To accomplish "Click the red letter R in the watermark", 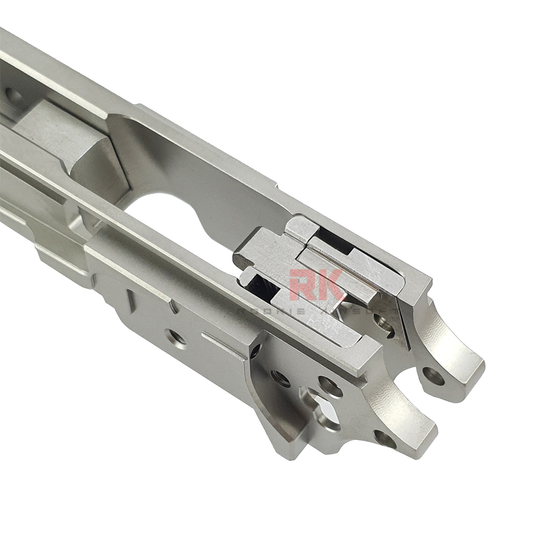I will (303, 285).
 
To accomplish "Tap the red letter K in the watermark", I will (329, 285).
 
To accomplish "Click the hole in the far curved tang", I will (433, 376).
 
